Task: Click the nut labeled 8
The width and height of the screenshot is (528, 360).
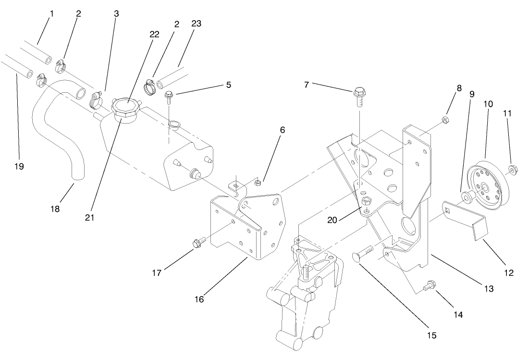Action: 445,118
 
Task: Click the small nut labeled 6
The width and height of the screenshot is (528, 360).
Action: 257,182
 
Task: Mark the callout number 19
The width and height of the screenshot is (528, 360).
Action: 19,166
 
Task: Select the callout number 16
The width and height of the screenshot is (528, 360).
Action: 199,299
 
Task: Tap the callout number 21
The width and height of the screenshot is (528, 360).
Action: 89,217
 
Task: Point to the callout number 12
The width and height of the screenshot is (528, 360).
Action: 509,273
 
